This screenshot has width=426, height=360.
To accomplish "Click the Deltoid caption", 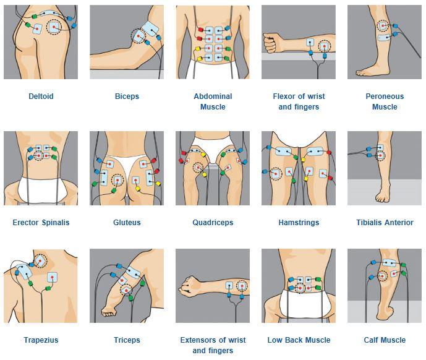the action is pos(41,96).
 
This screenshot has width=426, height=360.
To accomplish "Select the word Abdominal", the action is pos(213,96).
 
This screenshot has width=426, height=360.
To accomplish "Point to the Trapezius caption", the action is pos(41,340).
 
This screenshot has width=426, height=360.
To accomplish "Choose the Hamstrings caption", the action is pos(299,223).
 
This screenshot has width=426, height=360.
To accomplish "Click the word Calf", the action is pos(370,340).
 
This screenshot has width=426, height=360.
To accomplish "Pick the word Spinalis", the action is pos(56,223).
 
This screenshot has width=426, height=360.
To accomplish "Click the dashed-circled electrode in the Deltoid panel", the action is pos(54,27).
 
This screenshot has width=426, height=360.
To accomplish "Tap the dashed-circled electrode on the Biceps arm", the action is pos(138,36).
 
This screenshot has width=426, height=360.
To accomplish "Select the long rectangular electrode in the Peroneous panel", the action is pos(385,38).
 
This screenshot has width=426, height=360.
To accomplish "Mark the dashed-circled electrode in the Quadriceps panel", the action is pos(198,167).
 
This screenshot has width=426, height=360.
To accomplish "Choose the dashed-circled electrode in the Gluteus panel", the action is pos(117,180).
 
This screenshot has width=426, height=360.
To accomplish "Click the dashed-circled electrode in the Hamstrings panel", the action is pos(276,173).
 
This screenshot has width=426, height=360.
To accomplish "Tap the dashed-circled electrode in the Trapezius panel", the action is pos(40,261).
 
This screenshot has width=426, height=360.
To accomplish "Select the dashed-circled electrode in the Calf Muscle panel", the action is pos(383,276).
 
